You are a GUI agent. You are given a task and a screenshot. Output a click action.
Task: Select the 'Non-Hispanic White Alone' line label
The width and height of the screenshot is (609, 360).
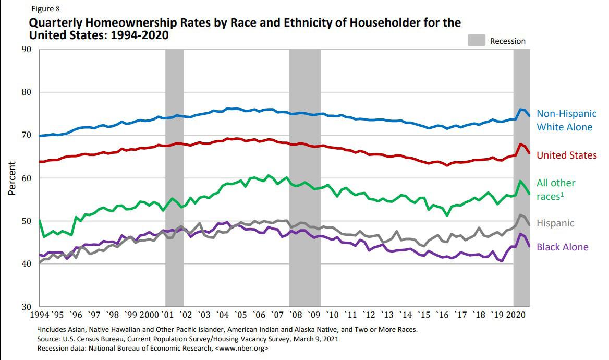pos(566,120)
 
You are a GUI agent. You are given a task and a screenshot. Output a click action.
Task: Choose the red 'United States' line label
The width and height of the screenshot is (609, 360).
pos(566,155)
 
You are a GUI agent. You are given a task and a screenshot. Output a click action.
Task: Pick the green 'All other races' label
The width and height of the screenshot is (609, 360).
pos(556,189)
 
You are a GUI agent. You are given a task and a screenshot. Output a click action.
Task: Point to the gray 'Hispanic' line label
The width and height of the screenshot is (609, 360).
pos(555,223)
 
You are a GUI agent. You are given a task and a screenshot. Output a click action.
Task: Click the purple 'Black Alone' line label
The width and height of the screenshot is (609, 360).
pos(562,247)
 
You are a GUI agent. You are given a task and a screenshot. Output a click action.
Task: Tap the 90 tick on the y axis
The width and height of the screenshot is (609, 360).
pos(26,50)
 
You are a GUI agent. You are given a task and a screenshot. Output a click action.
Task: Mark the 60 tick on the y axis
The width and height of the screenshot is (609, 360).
pos(26,178)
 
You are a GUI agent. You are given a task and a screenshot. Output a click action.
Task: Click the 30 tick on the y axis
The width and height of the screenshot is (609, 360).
pos(26,307)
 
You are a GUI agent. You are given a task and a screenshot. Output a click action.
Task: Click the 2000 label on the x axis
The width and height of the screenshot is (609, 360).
pos(149,315)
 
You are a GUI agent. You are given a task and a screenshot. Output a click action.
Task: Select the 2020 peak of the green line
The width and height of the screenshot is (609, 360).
pos(520,181)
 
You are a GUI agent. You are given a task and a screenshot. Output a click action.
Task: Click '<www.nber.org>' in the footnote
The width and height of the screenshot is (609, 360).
pos(241,348)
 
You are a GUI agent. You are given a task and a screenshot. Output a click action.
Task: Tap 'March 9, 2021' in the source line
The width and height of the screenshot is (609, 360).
pos(318,339)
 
